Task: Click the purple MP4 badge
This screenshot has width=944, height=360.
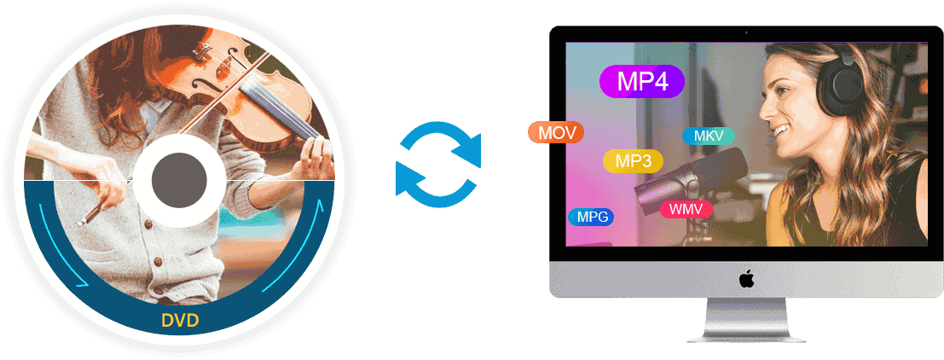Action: click(642, 82)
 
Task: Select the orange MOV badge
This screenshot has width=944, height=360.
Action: click(555, 133)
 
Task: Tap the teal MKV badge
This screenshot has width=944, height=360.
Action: click(708, 136)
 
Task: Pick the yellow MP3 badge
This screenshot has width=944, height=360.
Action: click(633, 161)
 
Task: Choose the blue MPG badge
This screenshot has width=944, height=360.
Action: click(592, 217)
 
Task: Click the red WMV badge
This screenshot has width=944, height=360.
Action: click(686, 209)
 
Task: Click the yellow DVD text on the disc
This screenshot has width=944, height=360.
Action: click(180, 322)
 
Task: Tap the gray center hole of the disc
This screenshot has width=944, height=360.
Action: click(179, 180)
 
